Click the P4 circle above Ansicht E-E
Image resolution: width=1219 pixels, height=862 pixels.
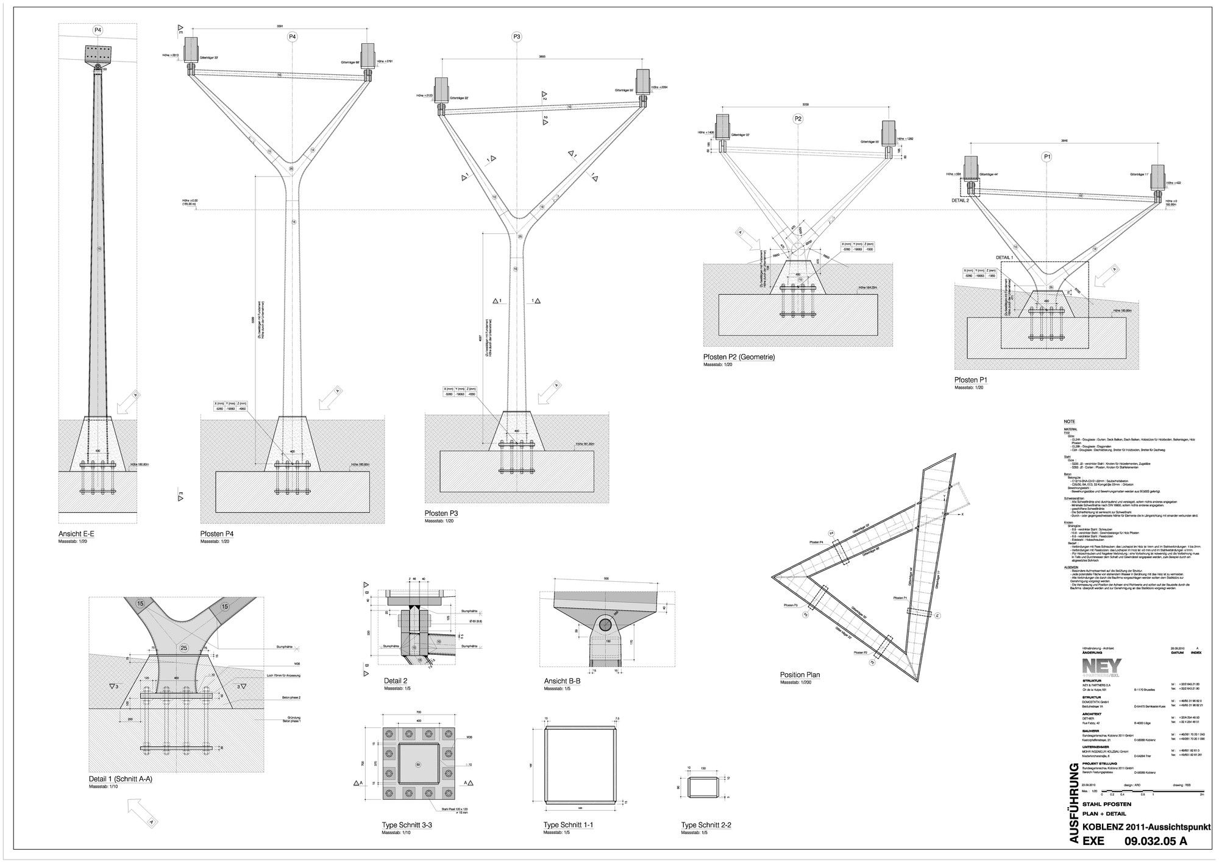pyautogui.click(x=98, y=30)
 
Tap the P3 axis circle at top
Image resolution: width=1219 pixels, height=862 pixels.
pyautogui.click(x=516, y=37)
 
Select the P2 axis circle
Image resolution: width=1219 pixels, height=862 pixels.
pyautogui.click(x=798, y=118)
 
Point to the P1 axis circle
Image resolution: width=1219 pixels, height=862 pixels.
pyautogui.click(x=1047, y=157)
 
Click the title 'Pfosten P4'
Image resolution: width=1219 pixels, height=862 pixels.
pyautogui.click(x=216, y=534)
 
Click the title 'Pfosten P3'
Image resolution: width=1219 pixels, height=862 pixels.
pyautogui.click(x=441, y=514)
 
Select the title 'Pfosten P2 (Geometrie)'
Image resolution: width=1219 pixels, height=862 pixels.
pyautogui.click(x=739, y=357)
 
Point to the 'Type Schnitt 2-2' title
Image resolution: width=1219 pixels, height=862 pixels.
pyautogui.click(x=706, y=825)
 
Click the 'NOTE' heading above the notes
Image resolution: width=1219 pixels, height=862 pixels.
pyautogui.click(x=1070, y=422)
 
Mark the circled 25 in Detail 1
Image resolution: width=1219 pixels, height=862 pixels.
pyautogui.click(x=183, y=648)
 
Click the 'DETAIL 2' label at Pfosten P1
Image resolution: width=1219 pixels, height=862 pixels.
pyautogui.click(x=960, y=200)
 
